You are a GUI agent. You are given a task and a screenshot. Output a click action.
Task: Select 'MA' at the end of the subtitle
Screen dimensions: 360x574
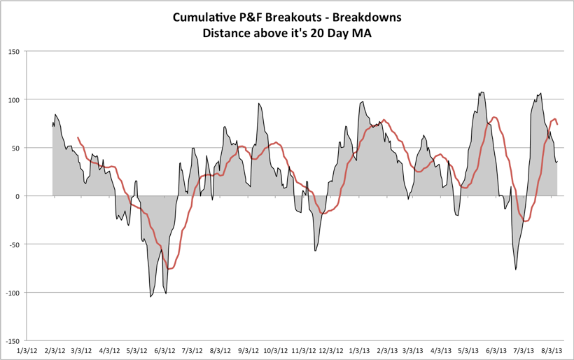pos(362,32)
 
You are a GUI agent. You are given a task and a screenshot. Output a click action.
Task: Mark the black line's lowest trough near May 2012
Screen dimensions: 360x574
pos(150,296)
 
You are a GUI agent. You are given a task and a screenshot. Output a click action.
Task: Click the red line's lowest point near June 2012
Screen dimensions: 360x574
pos(169,269)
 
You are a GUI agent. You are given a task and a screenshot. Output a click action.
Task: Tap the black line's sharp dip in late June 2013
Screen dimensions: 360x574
pos(516,270)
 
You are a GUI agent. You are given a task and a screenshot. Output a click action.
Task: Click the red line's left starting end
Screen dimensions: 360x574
pos(78,138)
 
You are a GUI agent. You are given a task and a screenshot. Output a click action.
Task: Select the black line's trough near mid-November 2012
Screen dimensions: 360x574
pos(315,250)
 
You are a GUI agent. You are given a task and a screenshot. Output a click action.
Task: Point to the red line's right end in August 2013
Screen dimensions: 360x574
pos(557,125)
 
